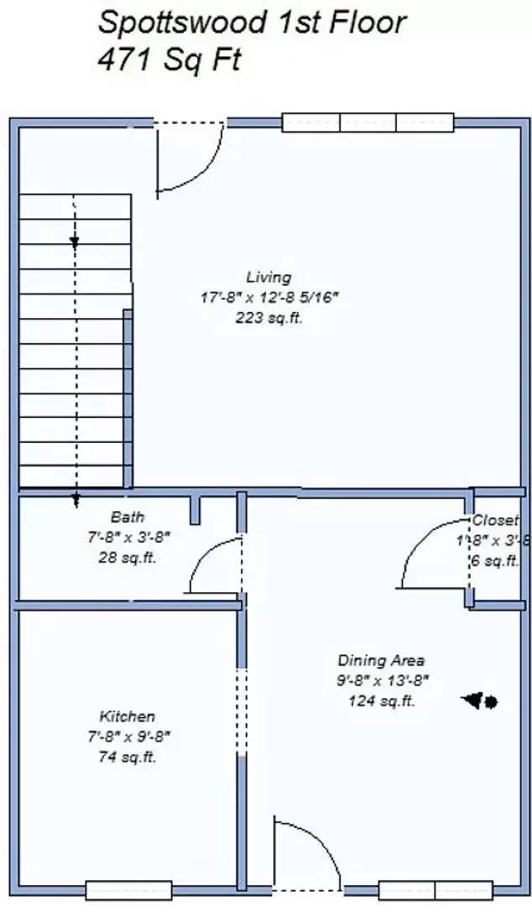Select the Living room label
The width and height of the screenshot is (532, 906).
269,277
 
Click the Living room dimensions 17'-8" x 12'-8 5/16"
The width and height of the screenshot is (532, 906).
269,297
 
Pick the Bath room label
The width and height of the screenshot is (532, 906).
128,517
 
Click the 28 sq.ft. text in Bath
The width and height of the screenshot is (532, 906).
128,557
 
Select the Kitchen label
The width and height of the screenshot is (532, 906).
128,716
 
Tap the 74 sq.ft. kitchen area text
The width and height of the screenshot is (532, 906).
128,757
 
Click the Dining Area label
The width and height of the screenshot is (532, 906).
381,660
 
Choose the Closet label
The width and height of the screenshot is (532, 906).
495,520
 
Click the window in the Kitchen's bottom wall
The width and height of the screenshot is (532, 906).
128,889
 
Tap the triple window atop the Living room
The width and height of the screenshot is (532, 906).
368,122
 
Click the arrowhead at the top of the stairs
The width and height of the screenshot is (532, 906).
75,242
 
